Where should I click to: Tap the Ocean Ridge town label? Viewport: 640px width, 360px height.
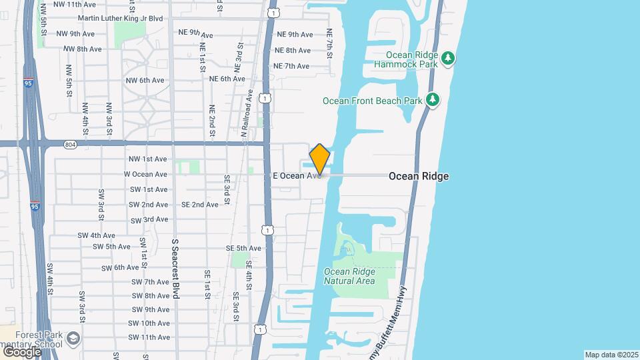(x=418, y=176)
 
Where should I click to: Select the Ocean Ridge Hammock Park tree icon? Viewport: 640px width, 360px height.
(x=449, y=58)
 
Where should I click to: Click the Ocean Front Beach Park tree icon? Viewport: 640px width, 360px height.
(x=433, y=100)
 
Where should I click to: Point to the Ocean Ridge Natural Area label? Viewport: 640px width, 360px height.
(x=349, y=276)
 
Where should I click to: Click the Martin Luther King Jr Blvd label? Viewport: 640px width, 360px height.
(x=120, y=18)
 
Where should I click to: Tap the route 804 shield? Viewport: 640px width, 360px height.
(x=71, y=144)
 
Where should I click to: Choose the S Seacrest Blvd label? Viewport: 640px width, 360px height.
(x=176, y=269)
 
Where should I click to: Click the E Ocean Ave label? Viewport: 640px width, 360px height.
(x=296, y=176)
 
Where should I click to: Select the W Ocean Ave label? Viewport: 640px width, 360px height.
(x=145, y=174)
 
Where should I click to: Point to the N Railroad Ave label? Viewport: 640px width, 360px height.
(x=245, y=113)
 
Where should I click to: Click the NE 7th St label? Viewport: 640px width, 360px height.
(x=329, y=43)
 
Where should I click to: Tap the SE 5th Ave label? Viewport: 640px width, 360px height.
(x=243, y=249)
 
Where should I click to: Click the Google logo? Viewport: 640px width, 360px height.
(x=22, y=351)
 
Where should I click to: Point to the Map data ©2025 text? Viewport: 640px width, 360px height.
(x=611, y=355)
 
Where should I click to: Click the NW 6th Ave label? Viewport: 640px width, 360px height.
(x=145, y=81)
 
